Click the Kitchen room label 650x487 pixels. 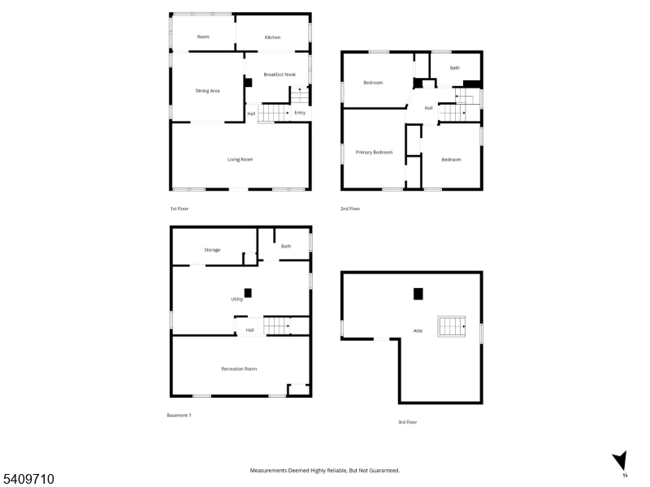pos(272,37)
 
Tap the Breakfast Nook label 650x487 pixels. pos(279,75)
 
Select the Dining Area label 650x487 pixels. pos(207,91)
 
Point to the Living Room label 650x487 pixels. pos(240,159)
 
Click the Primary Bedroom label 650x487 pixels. pos(374,153)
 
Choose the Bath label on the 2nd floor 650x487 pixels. pos(455,68)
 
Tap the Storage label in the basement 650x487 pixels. pos(212,250)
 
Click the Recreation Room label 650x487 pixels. pos(239,369)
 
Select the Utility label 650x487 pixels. pos(236,299)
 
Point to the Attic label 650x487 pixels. pos(418,331)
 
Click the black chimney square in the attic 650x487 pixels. pos(418,294)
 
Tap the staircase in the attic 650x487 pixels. pos(452,326)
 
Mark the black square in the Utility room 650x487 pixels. pos(248,293)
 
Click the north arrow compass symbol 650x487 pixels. pos(621,462)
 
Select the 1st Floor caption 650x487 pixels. pos(179,209)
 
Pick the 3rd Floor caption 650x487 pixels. pos(408,422)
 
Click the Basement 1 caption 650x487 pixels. pos(179,415)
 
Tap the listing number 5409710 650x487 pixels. pos(28,479)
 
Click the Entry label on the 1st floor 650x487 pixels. pos(300,113)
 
